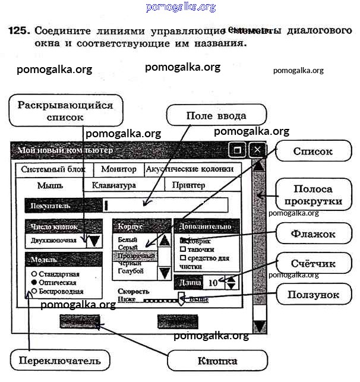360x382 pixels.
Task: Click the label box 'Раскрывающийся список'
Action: point(65,111)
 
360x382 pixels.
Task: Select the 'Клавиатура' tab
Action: point(113,185)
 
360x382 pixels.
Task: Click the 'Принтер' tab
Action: point(188,185)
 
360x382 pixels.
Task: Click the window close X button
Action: point(257,150)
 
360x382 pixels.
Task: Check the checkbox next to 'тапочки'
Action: point(183,250)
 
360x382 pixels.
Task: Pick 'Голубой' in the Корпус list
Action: point(131,271)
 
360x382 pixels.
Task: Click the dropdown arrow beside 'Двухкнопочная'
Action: point(94,241)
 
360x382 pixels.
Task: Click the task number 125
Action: point(18,30)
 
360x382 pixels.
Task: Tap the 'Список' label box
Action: point(312,151)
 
